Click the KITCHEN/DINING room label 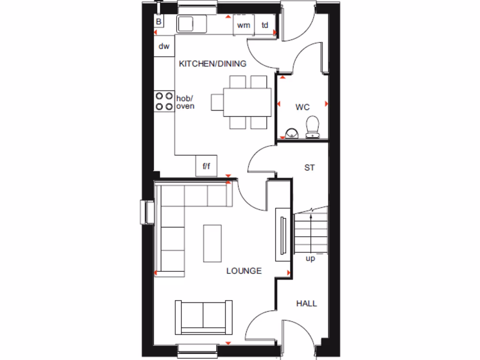click(x=212, y=64)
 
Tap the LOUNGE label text click(x=244, y=271)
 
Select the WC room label click(x=302, y=107)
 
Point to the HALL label click(x=306, y=304)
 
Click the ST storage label click(x=309, y=167)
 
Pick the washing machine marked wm click(x=244, y=25)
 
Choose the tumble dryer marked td click(x=265, y=25)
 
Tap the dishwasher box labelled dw click(x=164, y=46)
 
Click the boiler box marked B click(x=158, y=22)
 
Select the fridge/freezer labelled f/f click(x=206, y=166)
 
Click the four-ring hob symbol click(x=164, y=101)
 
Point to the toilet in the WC click(x=312, y=127)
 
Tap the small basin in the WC click(x=291, y=133)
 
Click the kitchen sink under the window click(x=192, y=23)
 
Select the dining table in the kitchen click(x=247, y=102)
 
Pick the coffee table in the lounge click(x=212, y=243)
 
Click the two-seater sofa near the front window click(x=203, y=317)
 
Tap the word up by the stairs click(x=310, y=259)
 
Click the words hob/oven click(x=185, y=102)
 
